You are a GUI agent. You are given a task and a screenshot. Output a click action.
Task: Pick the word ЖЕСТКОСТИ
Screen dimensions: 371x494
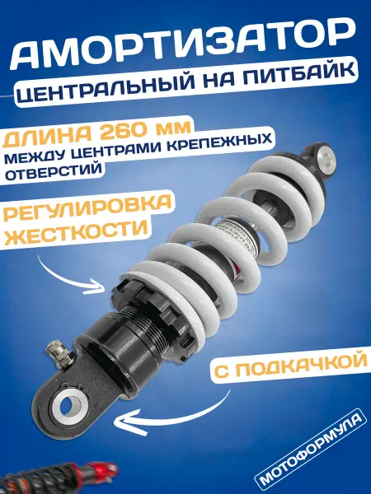(x=76, y=234)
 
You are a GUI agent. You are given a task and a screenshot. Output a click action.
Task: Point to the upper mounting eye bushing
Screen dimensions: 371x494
(x=324, y=160)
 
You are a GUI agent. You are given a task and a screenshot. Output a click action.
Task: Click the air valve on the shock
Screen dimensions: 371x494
(x=58, y=353)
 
